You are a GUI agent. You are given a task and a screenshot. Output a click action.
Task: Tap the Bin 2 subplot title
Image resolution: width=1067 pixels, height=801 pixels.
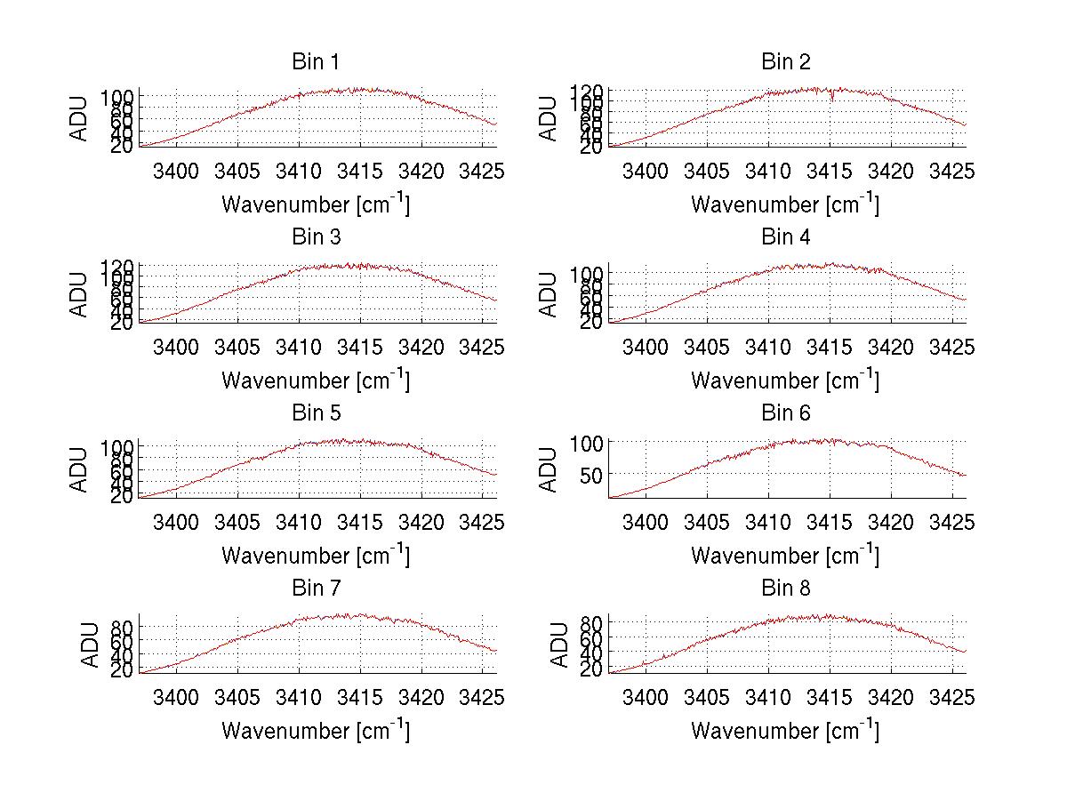point(785,62)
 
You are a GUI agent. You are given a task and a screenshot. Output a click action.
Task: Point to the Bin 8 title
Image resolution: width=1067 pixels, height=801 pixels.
point(785,589)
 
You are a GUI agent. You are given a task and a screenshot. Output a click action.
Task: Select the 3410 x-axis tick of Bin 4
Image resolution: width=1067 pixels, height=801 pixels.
point(767,346)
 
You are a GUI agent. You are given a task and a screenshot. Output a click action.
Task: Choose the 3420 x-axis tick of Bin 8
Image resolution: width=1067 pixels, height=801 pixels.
point(890,696)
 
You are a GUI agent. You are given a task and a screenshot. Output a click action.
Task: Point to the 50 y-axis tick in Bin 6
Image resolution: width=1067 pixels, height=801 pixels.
point(592,474)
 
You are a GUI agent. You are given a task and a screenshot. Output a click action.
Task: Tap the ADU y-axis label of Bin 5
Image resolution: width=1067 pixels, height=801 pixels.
point(80,469)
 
